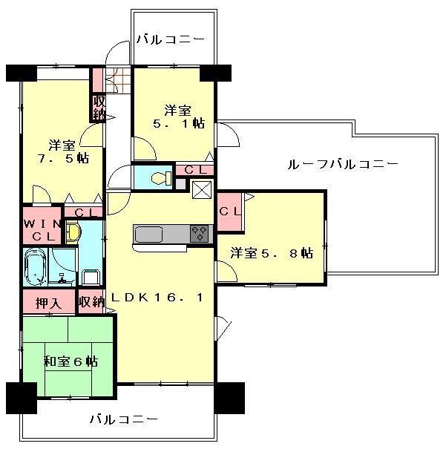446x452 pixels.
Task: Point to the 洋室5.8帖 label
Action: [x=271, y=253]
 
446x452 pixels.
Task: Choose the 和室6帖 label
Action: [x=70, y=361]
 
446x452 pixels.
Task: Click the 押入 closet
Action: [x=48, y=302]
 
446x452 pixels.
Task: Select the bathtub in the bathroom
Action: [x=35, y=268]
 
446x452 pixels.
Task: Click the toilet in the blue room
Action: [x=157, y=178]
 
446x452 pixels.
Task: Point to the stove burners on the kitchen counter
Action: [x=200, y=233]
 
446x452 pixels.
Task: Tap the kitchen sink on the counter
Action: [x=150, y=235]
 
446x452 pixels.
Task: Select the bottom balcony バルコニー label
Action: [x=124, y=419]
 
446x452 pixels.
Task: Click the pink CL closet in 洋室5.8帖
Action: [x=229, y=211]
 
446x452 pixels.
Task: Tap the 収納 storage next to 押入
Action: [x=91, y=302]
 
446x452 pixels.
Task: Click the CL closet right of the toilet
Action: [x=195, y=170]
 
